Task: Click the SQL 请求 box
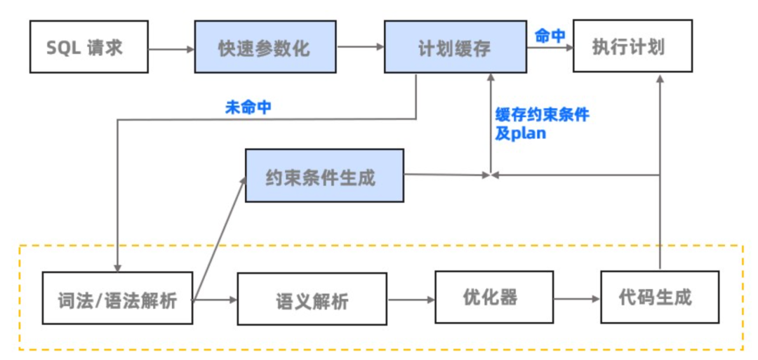tap(88, 47)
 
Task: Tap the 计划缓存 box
tap(456, 47)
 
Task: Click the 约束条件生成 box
tap(324, 175)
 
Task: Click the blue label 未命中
tap(248, 107)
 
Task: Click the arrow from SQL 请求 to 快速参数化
tap(171, 48)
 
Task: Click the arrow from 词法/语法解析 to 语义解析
tap(215, 300)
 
